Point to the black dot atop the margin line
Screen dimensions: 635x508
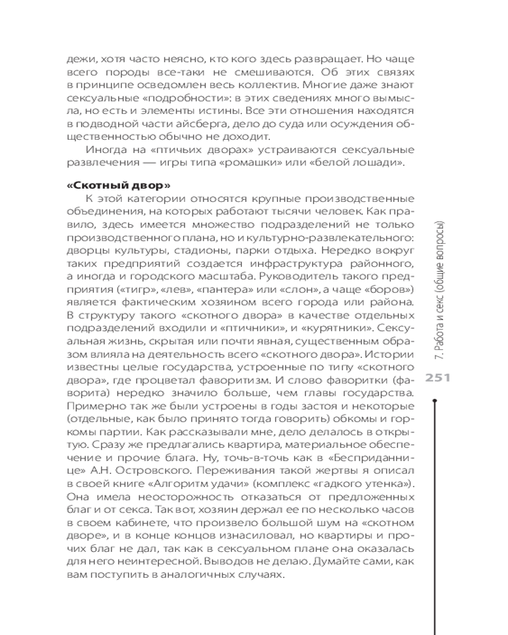(x=434, y=401)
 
